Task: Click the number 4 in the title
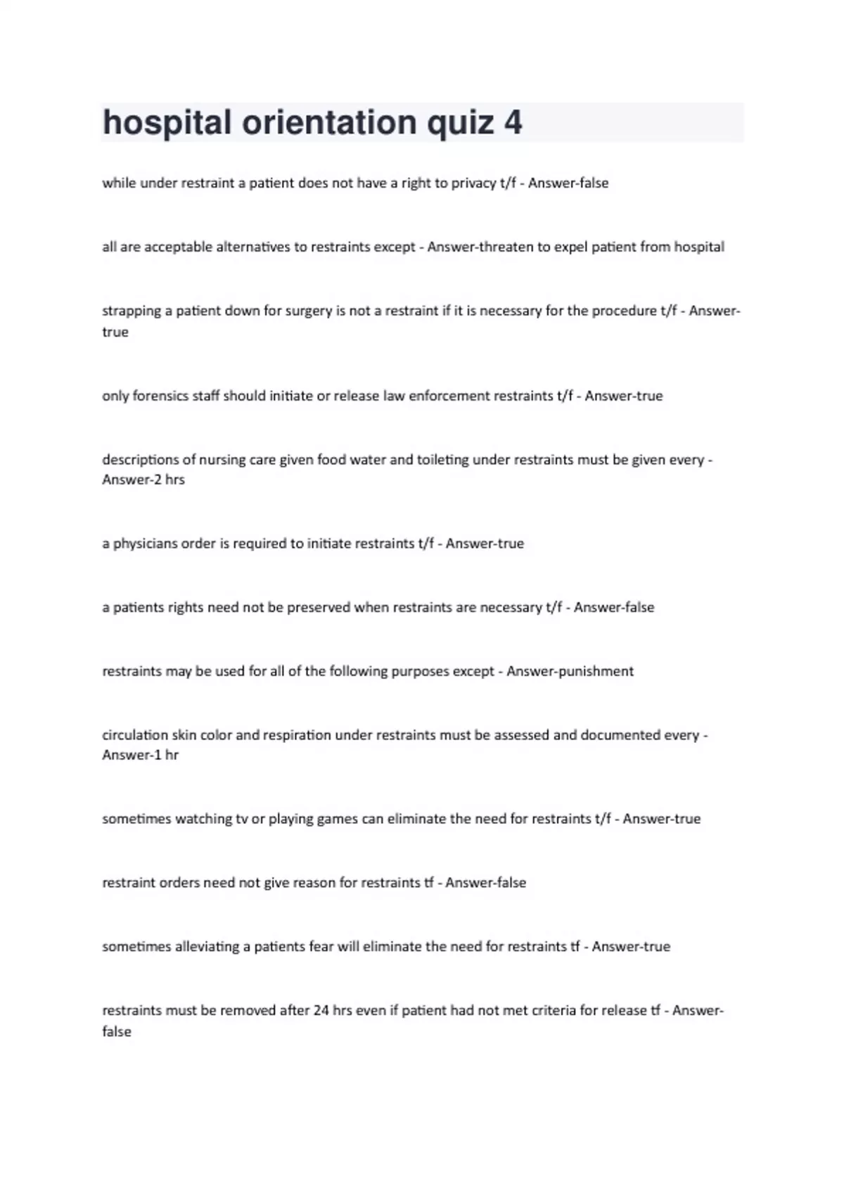513,123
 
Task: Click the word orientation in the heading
329,123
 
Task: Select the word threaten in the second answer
504,247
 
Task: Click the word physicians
146,543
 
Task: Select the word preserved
319,607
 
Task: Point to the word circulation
135,735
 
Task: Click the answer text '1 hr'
165,755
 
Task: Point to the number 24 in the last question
321,1011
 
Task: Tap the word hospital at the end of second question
698,247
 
